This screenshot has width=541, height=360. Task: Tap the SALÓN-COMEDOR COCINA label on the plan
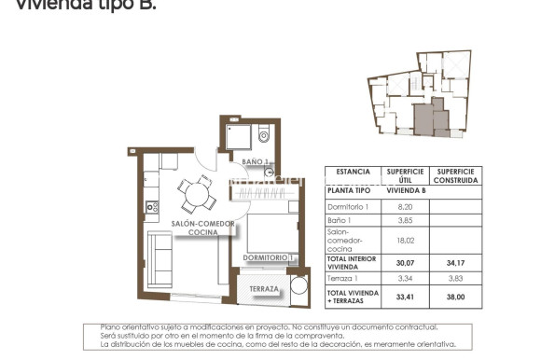pyautogui.click(x=203, y=228)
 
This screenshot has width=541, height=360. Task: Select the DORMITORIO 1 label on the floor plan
pyautogui.click(x=269, y=257)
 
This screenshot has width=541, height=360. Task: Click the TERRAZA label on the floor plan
pyautogui.click(x=263, y=289)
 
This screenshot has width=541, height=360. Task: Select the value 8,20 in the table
pyautogui.click(x=405, y=206)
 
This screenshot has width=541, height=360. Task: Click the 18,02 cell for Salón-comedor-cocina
pyautogui.click(x=405, y=240)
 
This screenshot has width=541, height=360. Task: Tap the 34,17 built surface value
pyautogui.click(x=456, y=263)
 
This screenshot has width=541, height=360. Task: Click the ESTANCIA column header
pyautogui.click(x=353, y=173)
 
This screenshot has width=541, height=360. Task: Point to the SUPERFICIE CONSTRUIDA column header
pyautogui.click(x=456, y=176)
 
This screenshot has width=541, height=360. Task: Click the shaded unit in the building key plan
pyautogui.click(x=424, y=119)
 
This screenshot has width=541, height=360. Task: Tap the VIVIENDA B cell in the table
pyautogui.click(x=405, y=190)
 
